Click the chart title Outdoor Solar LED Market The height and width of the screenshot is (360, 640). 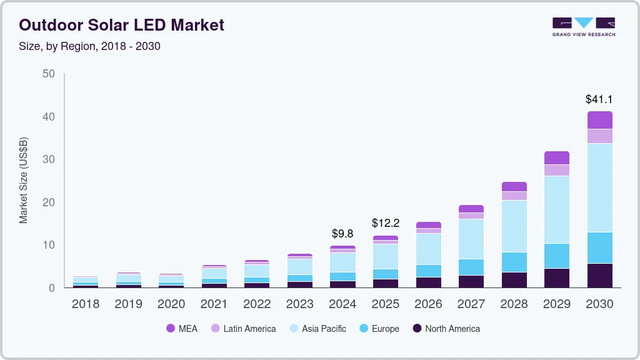click(121, 26)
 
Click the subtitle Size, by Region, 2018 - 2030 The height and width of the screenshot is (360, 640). click(89, 46)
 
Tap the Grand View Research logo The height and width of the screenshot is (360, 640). click(583, 27)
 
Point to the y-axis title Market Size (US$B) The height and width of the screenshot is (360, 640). click(24, 180)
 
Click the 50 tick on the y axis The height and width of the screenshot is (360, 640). click(48, 74)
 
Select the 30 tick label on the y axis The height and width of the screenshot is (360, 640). click(48, 159)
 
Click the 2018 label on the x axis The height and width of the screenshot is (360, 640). click(86, 304)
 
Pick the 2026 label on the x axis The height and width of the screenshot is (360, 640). click(428, 304)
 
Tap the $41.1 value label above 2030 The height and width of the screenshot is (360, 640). click(599, 99)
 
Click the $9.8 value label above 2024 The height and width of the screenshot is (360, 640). click(342, 234)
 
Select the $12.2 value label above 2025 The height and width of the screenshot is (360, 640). click(385, 223)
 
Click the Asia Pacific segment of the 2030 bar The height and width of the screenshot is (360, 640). click(599, 187)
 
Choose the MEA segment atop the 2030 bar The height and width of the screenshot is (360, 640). click(599, 120)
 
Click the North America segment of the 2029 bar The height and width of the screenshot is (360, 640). click(556, 278)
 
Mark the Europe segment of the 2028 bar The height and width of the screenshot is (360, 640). click(514, 262)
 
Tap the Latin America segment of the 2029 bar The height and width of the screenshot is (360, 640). click(556, 170)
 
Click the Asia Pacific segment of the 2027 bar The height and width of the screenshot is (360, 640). click(471, 239)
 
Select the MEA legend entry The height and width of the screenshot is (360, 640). click(182, 329)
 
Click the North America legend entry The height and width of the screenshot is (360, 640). click(446, 329)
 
